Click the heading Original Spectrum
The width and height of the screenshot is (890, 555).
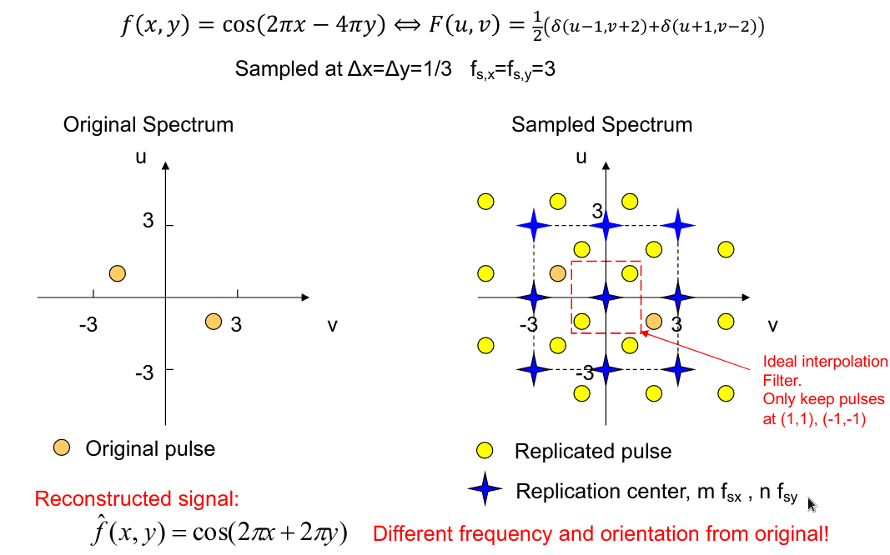[x=148, y=125]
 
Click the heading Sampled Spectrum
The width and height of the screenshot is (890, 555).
[x=601, y=125]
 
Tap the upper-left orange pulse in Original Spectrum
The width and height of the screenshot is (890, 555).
[x=118, y=273]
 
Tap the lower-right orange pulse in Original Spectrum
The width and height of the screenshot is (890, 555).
[x=213, y=322]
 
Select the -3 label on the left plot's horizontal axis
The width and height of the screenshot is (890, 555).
[x=88, y=324]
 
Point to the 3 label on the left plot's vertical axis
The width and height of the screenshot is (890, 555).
[x=148, y=221]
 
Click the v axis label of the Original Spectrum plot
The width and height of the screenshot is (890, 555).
[x=332, y=325]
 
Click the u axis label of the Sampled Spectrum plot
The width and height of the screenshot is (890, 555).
[x=581, y=157]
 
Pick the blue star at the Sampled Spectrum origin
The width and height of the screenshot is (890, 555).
[x=607, y=297]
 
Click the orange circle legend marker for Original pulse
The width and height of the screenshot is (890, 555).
[x=61, y=447]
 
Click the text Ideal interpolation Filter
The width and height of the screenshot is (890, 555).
[x=824, y=371]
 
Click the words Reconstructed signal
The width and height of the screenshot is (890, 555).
[x=137, y=499]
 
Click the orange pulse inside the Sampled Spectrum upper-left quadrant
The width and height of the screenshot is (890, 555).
[x=559, y=272]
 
